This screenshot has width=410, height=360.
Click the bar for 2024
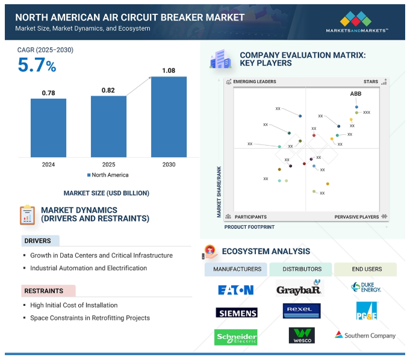pyautogui.click(x=48, y=128)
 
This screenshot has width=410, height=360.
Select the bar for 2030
pyautogui.click(x=169, y=117)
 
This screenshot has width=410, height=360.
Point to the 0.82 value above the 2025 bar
pyautogui.click(x=108, y=90)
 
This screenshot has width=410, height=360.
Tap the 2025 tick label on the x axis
pyautogui.click(x=108, y=164)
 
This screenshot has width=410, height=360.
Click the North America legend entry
pyautogui.click(x=108, y=175)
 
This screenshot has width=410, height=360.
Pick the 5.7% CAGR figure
pyautogui.click(x=37, y=65)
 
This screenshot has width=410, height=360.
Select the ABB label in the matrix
pyautogui.click(x=356, y=94)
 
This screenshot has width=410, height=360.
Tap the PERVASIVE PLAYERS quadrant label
pyautogui.click(x=357, y=217)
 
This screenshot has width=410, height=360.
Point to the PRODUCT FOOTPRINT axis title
pyautogui.click(x=249, y=227)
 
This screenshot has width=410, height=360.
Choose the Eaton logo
pyautogui.click(x=235, y=290)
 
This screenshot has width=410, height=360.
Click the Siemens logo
pyautogui.click(x=236, y=312)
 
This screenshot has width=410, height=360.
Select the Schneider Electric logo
pyautogui.click(x=235, y=337)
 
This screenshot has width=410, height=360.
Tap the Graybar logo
pyautogui.click(x=299, y=288)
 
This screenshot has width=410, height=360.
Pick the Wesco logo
pyautogui.click(x=301, y=335)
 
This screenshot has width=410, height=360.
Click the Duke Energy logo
pyautogui.click(x=365, y=288)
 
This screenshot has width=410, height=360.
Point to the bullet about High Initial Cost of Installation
pyautogui.click(x=73, y=305)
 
